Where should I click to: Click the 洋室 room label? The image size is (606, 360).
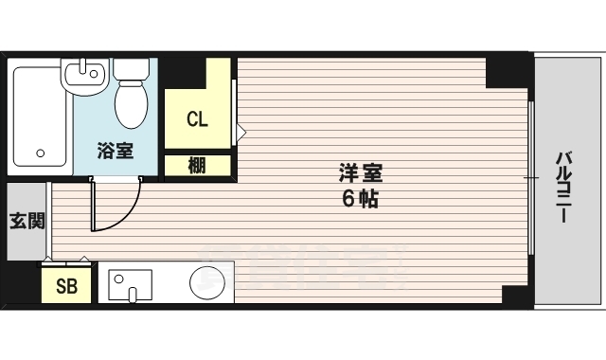pos(360,174)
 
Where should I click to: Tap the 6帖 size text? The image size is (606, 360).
pos(360,200)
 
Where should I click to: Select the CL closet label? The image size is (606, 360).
pos(196,119)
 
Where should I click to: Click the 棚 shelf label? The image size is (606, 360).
pos(196,166)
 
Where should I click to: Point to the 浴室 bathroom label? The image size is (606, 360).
pos(114,150)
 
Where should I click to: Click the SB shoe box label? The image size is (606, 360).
pos(66,286)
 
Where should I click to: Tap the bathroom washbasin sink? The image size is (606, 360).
pos(84,79)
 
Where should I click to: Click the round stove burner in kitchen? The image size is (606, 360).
pos(206,281)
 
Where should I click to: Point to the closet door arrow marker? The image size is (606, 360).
pos(241,130)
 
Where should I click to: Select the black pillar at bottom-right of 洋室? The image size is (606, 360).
pos(516,294)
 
